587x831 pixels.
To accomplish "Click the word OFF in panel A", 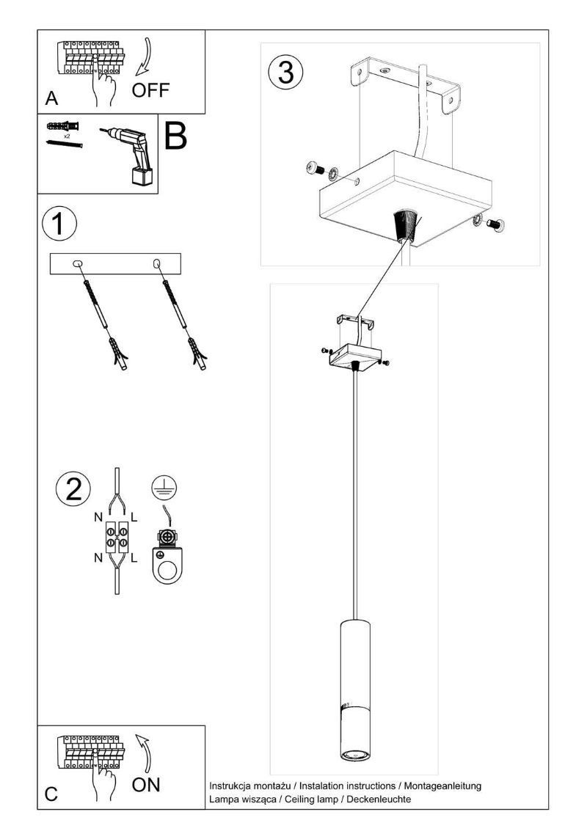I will tap(150, 90).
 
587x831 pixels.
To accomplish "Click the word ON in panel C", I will tap(146, 786).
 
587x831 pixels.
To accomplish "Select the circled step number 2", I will tap(73, 489).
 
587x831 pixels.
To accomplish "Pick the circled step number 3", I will tap(285, 74).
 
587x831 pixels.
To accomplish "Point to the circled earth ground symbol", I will tap(164, 487).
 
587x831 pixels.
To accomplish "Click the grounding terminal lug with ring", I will tap(167, 561).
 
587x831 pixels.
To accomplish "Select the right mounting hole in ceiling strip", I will tap(156, 263).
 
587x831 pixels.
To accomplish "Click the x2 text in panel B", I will tap(66, 136).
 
